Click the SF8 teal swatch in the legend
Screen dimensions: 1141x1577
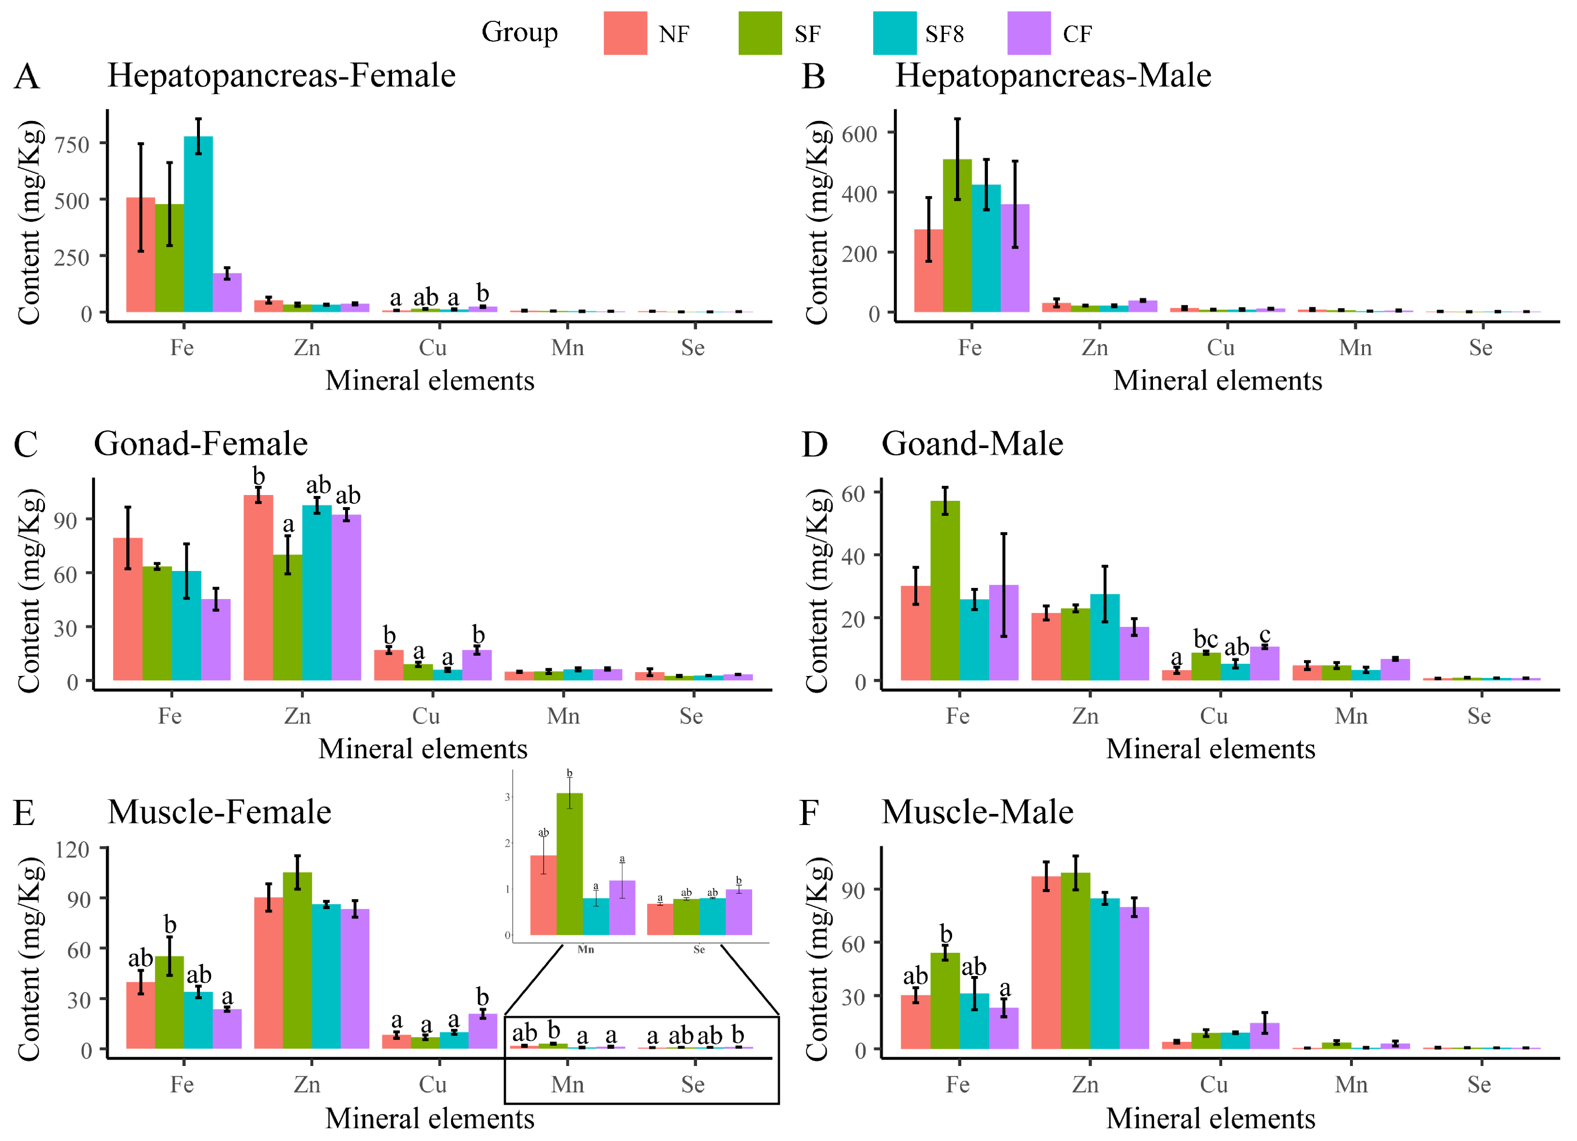click(894, 33)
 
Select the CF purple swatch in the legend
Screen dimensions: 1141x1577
click(1029, 33)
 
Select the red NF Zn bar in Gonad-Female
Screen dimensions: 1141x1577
click(258, 587)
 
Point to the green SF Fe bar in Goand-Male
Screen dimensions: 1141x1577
click(945, 590)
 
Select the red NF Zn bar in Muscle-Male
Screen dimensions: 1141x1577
click(1046, 962)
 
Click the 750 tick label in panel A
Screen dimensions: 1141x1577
click(72, 145)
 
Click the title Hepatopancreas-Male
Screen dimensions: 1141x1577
click(1053, 75)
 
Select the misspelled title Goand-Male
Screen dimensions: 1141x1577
click(972, 444)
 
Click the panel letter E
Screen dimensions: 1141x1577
click(24, 812)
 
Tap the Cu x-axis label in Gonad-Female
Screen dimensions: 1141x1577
click(425, 716)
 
